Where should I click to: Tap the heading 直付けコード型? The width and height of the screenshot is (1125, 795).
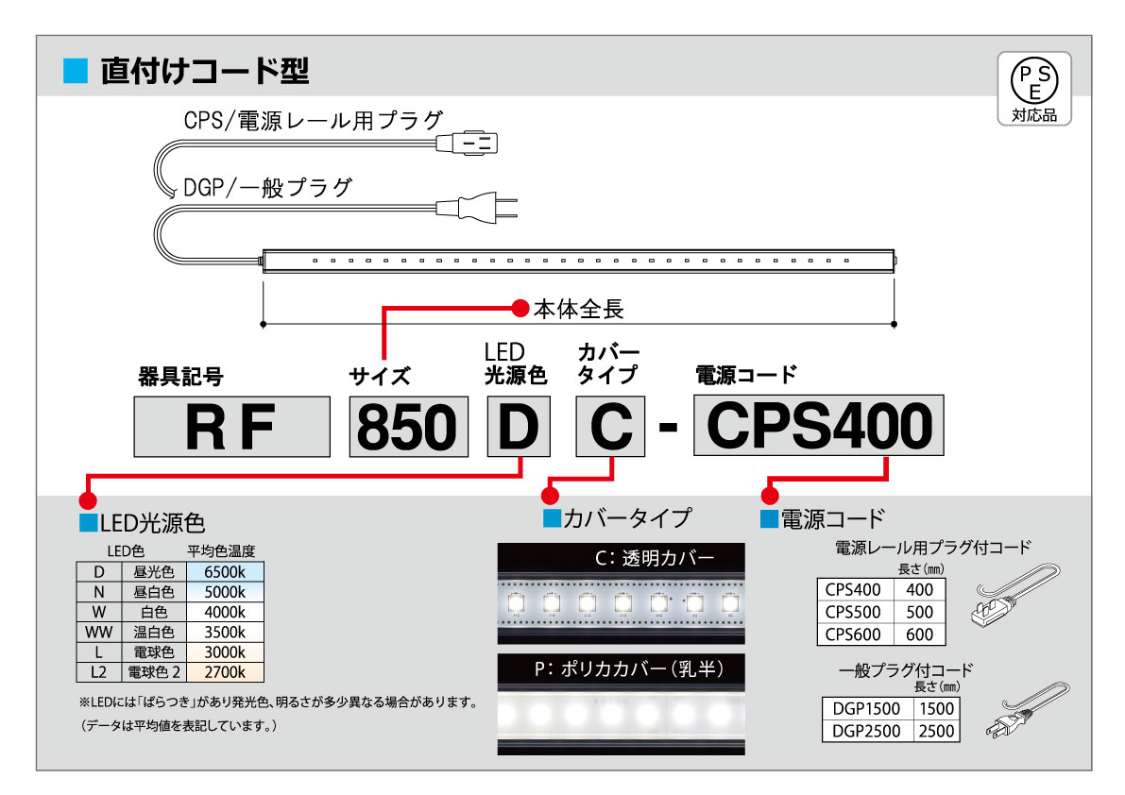(x=204, y=71)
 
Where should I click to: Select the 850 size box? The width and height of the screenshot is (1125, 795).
(x=409, y=427)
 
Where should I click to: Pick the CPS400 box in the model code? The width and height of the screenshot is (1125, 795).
(x=819, y=427)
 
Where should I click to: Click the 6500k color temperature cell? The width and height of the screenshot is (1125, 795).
(x=225, y=571)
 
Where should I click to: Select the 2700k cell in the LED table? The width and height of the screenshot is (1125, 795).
(x=225, y=673)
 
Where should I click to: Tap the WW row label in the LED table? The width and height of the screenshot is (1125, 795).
(x=98, y=632)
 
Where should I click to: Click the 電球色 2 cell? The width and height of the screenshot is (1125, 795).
(x=154, y=673)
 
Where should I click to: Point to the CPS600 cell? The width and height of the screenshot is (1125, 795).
(x=852, y=634)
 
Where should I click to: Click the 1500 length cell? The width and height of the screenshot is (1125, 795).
(x=936, y=708)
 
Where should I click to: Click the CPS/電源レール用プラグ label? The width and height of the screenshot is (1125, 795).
(x=313, y=120)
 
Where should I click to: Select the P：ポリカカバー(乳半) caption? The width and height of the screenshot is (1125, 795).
(x=621, y=669)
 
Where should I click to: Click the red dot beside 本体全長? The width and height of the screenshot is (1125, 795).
(x=519, y=308)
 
